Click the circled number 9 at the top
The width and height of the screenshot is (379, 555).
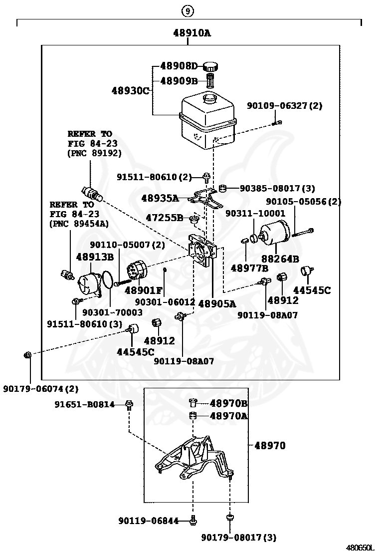188,11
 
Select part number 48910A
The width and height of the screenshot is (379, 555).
192,33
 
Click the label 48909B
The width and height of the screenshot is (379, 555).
179,81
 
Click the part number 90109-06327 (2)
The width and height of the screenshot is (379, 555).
284,105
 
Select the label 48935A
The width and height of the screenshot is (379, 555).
160,198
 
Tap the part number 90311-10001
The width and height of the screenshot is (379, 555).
255,213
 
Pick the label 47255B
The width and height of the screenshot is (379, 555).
165,218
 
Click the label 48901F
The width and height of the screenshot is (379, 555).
144,290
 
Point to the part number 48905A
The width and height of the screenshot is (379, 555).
217,303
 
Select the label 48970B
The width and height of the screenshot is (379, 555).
228,403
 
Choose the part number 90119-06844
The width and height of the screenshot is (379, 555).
149,521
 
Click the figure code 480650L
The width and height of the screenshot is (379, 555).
360,548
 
